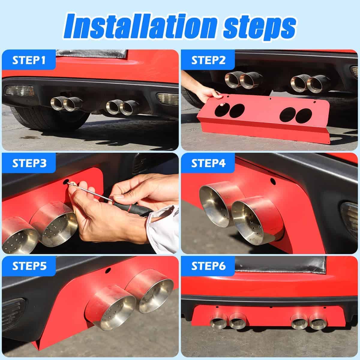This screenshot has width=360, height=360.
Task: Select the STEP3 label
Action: point(29,163)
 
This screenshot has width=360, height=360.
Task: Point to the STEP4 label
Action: point(208,163)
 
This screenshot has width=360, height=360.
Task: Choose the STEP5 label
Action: point(29,266)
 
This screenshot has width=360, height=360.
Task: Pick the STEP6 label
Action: point(208,266)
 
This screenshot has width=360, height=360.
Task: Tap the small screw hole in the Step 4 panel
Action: point(273,181)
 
